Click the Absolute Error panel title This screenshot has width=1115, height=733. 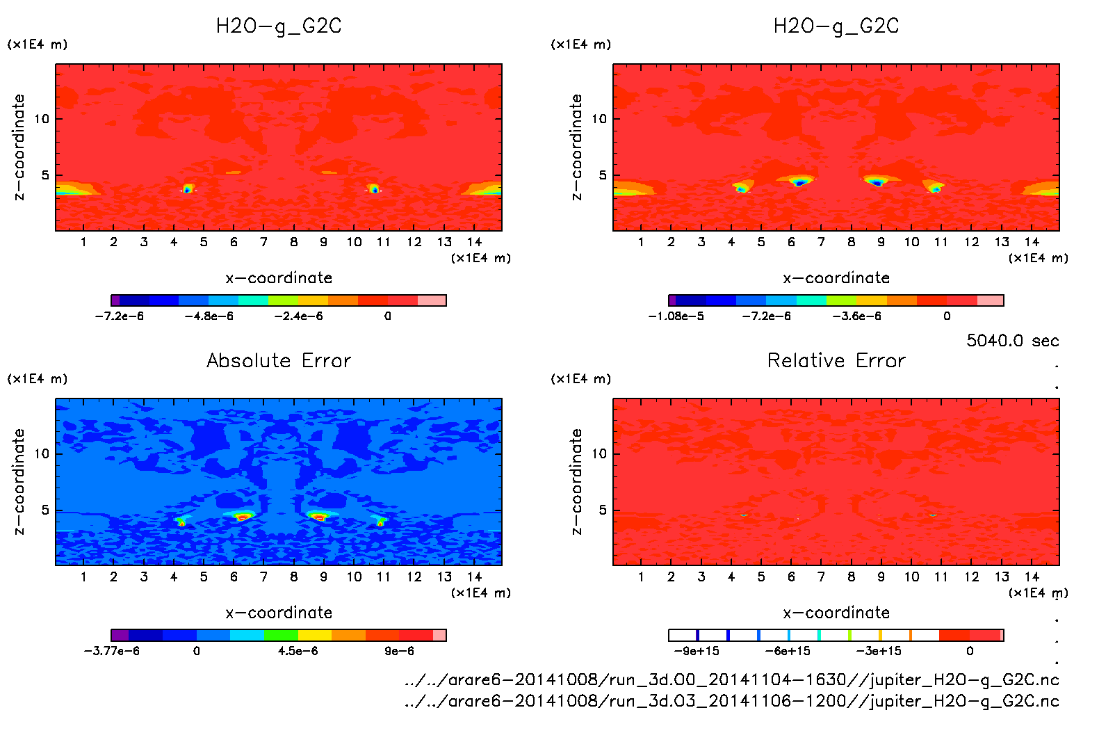pos(279,360)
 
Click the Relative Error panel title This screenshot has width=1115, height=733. pos(836,360)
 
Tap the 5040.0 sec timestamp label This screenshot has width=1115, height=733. pos(1012,341)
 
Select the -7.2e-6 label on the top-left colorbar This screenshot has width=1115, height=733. pos(120,316)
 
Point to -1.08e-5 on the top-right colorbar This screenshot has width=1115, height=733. pos(676,316)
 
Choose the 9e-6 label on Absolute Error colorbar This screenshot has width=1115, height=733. pos(399,651)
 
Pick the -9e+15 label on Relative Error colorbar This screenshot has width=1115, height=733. pos(697,651)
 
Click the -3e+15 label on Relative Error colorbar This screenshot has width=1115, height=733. pos(879,651)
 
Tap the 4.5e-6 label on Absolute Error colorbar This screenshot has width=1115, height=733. pos(298,651)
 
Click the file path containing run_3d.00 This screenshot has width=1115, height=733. pos(731,679)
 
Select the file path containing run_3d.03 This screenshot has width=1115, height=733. pos(731,701)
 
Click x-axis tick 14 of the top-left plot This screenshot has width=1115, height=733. pos(474,242)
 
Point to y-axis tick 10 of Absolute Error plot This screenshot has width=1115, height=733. pos(42,453)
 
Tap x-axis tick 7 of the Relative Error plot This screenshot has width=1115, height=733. pos(821,577)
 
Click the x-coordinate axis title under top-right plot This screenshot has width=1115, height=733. pos(836,278)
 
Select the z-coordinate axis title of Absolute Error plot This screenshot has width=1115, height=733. pos(19,481)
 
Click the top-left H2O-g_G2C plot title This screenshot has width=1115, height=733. pos(279,26)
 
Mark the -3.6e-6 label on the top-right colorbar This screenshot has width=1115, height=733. pos(856,316)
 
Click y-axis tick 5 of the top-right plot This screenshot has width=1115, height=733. pos(603,175)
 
